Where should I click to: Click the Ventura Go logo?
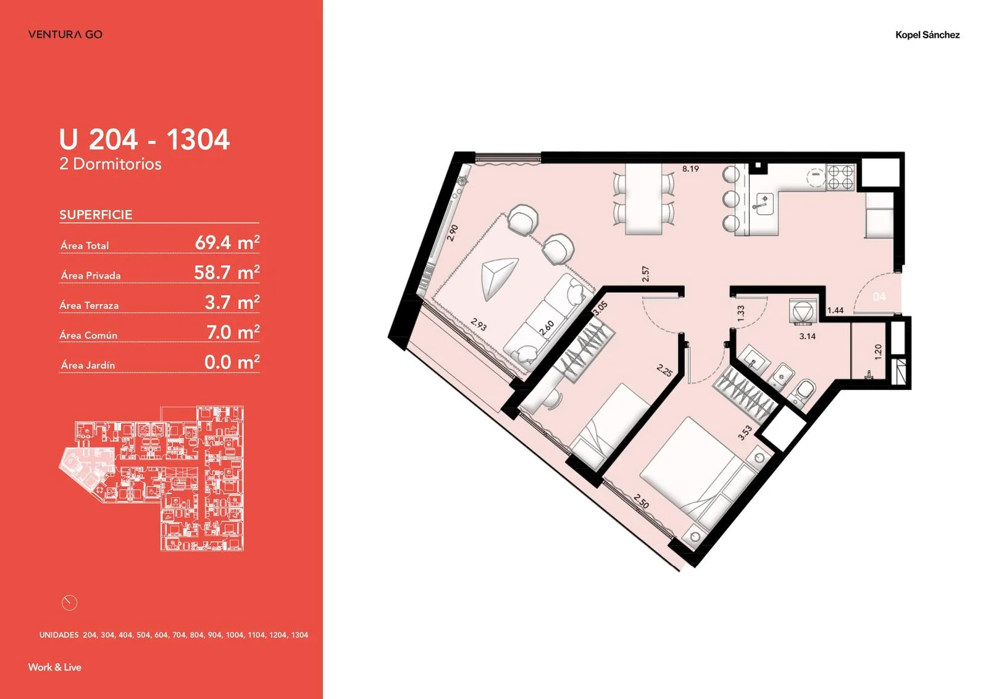(65, 34)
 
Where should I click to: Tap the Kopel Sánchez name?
(927, 35)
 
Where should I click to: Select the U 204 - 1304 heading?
(144, 139)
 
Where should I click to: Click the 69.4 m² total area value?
(227, 242)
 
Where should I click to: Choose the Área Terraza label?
(89, 305)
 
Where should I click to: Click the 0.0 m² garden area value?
(232, 362)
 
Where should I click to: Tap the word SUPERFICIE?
(96, 214)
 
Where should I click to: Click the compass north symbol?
(70, 603)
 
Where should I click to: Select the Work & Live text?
(55, 667)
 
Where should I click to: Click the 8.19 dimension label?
(690, 169)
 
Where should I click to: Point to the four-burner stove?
(840, 177)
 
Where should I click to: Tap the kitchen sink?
(764, 203)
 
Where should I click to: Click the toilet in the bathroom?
(803, 392)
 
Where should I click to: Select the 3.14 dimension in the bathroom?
(807, 336)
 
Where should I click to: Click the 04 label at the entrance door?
(879, 297)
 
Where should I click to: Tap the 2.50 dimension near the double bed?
(641, 501)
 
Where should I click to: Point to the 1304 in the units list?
(299, 635)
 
